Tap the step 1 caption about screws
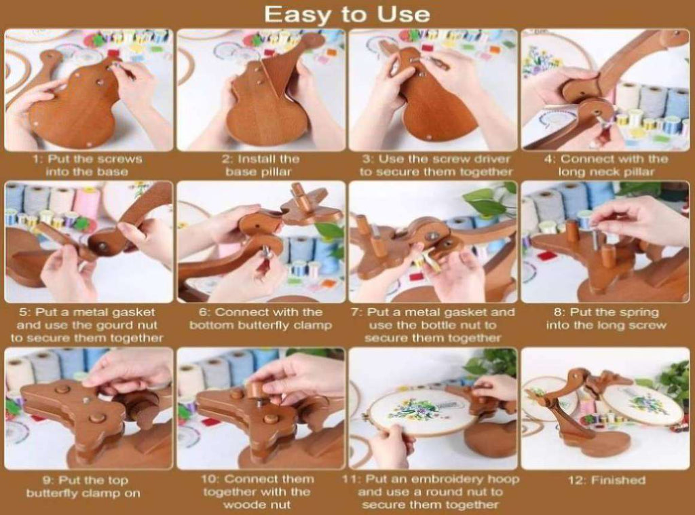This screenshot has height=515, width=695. [88, 166]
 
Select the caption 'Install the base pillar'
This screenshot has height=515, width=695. [261, 166]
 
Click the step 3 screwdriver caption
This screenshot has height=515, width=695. [436, 166]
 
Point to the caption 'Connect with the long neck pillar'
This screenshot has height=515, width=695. [606, 166]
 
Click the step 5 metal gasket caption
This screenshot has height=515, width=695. [88, 325]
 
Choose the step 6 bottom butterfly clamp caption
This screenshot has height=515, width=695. [261, 319]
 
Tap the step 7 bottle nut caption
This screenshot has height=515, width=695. [432, 325]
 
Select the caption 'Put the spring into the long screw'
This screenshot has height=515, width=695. [606, 319]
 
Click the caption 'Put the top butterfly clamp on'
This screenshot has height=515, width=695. [83, 487]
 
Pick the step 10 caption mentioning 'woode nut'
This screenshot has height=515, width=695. [257, 491]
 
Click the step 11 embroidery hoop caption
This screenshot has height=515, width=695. [430, 491]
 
